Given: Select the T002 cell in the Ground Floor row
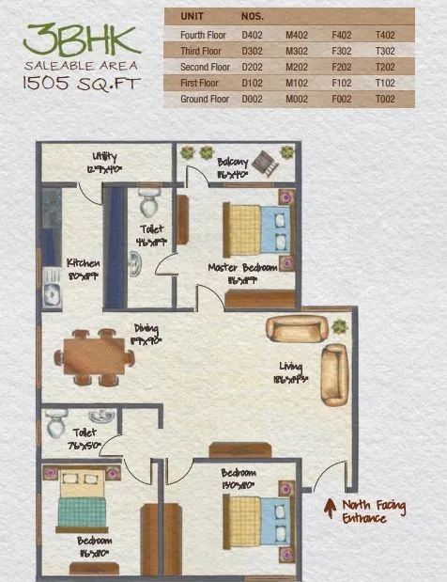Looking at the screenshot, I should (385, 99).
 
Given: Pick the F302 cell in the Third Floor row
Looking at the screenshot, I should (342, 51).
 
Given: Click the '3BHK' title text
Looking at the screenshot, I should (82, 39).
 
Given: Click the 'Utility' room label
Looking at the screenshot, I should (104, 156).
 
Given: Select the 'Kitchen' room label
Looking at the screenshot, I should (83, 263).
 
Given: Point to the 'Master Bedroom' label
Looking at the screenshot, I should (242, 268).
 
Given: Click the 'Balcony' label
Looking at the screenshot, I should (231, 162).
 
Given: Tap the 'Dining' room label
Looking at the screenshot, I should (146, 328).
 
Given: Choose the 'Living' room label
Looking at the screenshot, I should (289, 367).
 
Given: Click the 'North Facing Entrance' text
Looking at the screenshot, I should (374, 511).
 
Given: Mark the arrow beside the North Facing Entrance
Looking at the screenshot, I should (330, 509).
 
